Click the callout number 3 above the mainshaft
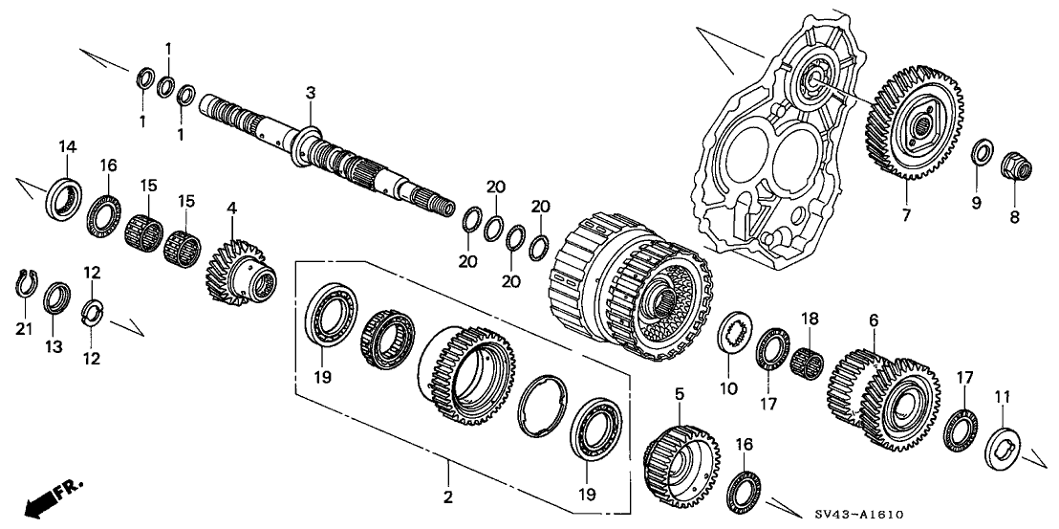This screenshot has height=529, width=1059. click(310, 92)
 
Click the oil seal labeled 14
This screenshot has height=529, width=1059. click(65, 195)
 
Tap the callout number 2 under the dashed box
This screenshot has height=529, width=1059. click(447, 496)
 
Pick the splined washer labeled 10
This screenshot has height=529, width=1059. click(733, 335)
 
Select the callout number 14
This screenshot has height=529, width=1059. click(66, 146)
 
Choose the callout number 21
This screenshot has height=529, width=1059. click(24, 329)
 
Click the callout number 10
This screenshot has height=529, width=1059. click(730, 388)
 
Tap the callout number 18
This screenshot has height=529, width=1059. click(810, 318)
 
